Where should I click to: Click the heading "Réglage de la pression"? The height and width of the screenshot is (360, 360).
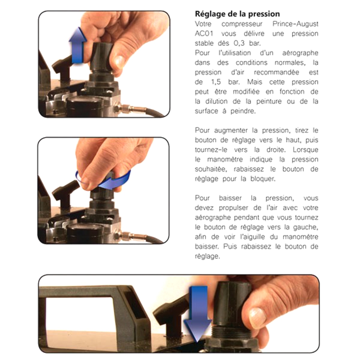(237, 14)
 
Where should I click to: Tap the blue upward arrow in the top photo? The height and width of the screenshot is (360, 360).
(77, 45)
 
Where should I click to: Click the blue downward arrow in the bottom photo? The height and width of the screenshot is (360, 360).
(198, 314)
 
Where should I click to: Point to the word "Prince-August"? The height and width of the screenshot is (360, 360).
(295, 24)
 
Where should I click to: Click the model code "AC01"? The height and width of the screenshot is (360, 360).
(204, 33)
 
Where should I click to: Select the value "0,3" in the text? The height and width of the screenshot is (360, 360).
(239, 44)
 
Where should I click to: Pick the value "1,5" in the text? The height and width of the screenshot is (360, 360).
(216, 82)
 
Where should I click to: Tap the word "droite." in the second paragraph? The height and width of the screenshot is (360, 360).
(276, 150)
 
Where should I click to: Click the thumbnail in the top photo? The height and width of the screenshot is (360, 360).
(120, 61)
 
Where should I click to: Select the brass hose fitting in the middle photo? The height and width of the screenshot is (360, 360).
(130, 235)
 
